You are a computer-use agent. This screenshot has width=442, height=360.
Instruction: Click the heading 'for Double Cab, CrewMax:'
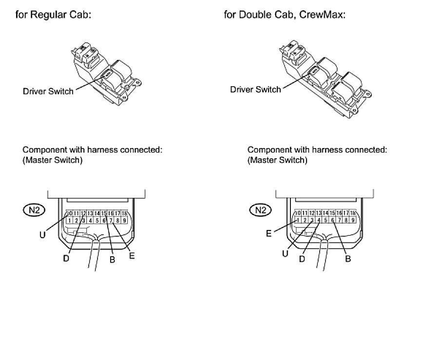285,14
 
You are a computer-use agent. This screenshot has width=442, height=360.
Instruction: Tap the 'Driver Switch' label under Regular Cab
48,91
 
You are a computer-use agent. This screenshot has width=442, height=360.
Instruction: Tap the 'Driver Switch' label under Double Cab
255,89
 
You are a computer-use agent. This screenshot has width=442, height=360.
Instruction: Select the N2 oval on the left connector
34,210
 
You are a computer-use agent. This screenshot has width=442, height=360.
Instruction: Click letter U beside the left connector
42,235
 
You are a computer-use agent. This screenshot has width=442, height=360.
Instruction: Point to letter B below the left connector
112,260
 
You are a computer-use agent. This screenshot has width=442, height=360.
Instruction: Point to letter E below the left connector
132,255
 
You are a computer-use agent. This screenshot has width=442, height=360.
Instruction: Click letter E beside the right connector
269,234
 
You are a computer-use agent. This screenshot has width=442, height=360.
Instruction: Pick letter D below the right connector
302,259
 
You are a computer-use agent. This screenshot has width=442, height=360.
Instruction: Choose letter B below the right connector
348,259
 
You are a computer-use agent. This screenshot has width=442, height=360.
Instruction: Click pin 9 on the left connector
125,221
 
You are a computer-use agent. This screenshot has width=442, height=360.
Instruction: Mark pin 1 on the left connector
70,221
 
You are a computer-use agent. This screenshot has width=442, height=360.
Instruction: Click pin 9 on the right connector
352,221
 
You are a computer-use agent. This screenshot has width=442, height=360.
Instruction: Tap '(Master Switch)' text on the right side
277,160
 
